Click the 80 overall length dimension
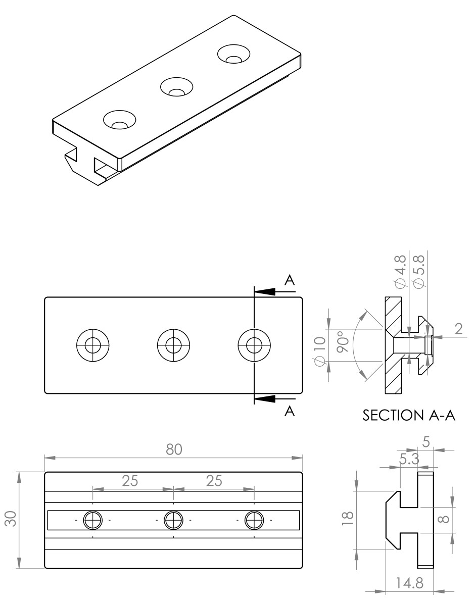click(x=174, y=449)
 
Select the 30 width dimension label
click(x=12, y=519)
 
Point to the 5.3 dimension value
click(x=408, y=460)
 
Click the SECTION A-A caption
click(x=409, y=416)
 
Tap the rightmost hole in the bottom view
click(x=255, y=520)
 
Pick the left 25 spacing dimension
click(x=130, y=481)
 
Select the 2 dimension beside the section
click(x=458, y=329)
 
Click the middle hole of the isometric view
click(x=176, y=87)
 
